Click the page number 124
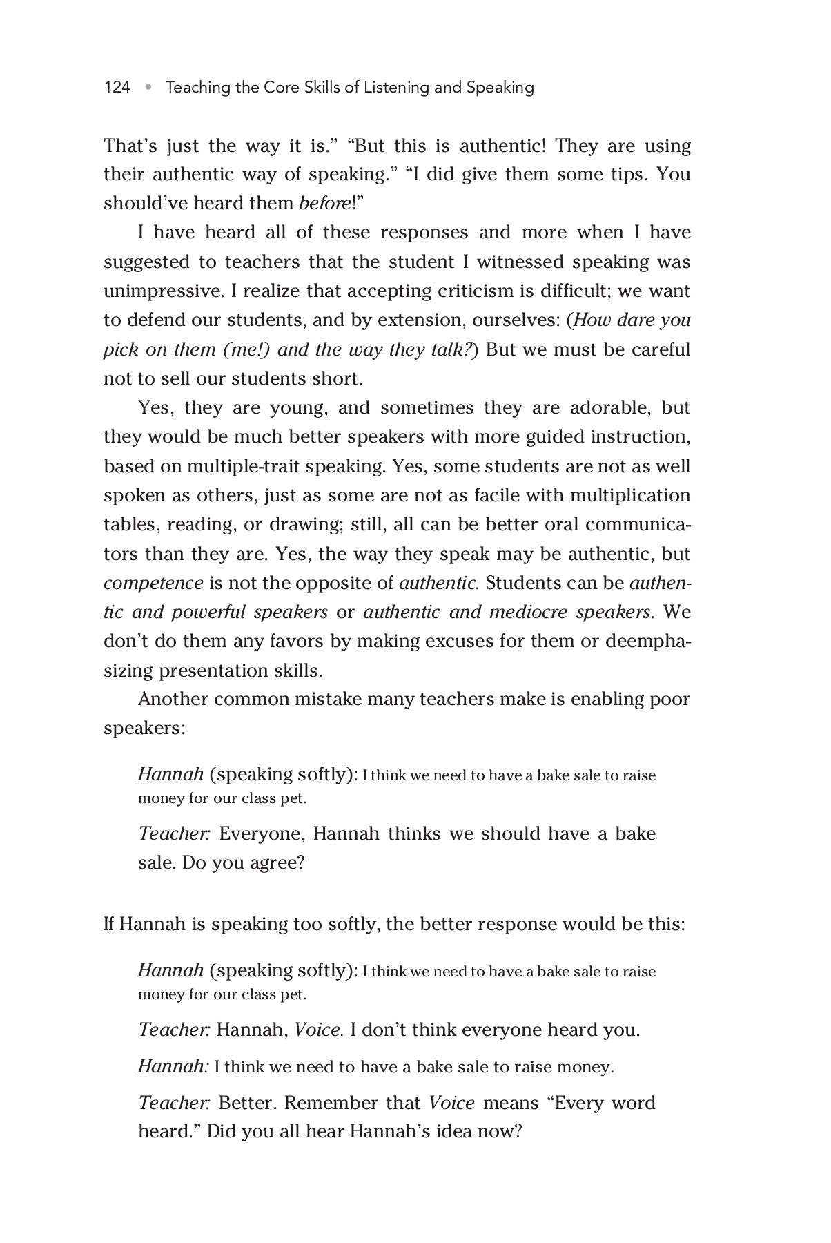117,88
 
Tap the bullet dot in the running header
148,88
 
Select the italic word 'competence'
153,584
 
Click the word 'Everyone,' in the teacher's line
262,834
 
